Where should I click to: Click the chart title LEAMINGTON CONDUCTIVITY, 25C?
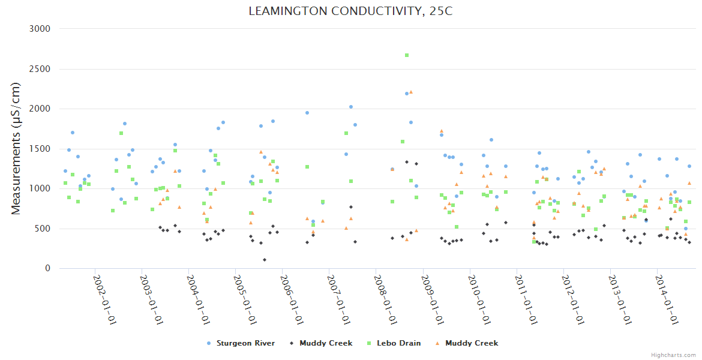coord(350,11)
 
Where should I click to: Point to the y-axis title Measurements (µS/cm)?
coord(16,148)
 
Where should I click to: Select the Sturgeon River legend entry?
coord(245,343)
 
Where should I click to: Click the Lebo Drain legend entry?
coord(398,343)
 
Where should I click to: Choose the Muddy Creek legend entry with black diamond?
coord(326,343)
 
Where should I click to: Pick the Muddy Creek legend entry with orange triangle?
coord(471,343)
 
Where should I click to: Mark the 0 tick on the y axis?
coord(47,269)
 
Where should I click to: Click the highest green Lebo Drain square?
coord(407,55)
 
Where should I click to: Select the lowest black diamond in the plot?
coord(265,260)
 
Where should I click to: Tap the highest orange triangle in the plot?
coord(411,92)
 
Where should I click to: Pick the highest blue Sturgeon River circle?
coord(407,94)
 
